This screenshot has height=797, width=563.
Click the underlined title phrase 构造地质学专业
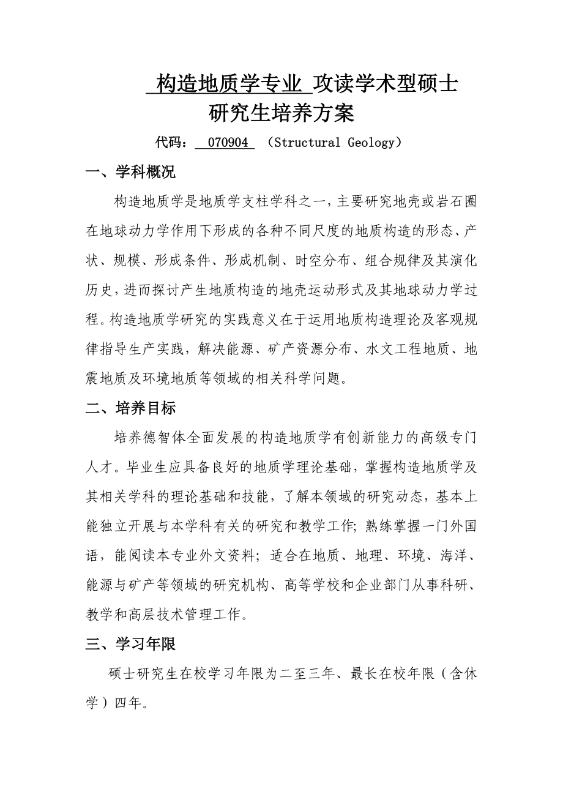pyautogui.click(x=229, y=84)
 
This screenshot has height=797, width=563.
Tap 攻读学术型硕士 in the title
pyautogui.click(x=385, y=84)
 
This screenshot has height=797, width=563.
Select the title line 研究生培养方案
pyautogui.click(x=281, y=114)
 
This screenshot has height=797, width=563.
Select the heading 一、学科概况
pyautogui.click(x=130, y=173)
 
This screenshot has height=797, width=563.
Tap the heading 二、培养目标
pyautogui.click(x=130, y=408)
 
